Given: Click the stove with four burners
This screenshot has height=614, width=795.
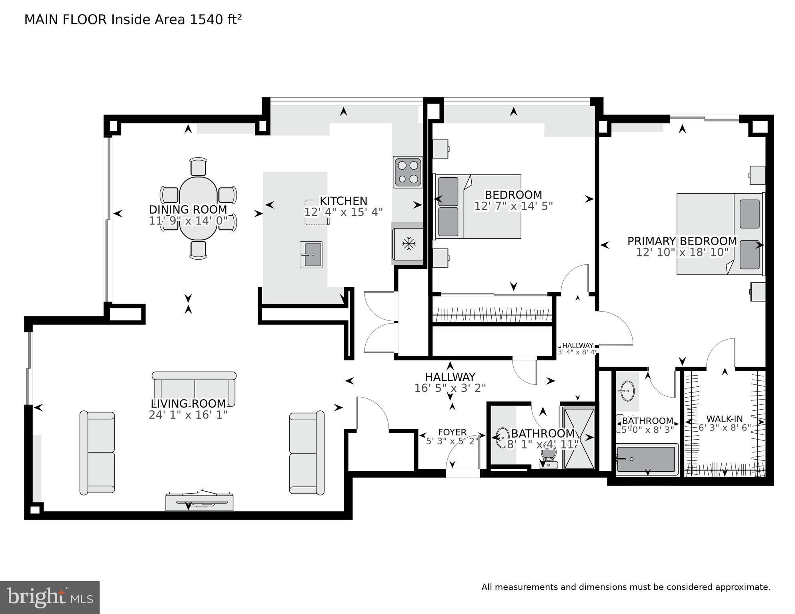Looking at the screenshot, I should tap(408, 172).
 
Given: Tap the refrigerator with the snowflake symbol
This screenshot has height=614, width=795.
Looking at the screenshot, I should tap(408, 243).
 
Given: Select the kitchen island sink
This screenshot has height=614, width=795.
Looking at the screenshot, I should tap(311, 254).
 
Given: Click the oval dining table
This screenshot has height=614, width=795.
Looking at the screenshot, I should tap(198, 208).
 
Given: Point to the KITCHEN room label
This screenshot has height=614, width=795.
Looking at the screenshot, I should tap(343, 201).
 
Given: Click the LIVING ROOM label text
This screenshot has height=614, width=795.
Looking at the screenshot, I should tap(188, 404).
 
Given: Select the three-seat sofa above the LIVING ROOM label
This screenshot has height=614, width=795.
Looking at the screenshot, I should tap(194, 388).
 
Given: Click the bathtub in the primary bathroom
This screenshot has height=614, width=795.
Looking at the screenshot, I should tap(647, 459).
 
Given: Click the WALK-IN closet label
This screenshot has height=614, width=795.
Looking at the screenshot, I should tap(724, 419).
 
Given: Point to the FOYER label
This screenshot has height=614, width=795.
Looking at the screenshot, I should tap(452, 432).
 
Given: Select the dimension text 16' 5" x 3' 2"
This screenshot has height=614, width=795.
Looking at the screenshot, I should tap(450, 388).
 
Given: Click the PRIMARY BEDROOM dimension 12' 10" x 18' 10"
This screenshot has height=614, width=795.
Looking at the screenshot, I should tap(682, 252).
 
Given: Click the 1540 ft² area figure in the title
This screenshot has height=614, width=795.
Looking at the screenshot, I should tap(215, 20).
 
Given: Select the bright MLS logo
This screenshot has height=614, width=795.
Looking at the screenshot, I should tap(50, 597).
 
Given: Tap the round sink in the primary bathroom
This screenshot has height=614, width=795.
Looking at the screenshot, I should tap(626, 390).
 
